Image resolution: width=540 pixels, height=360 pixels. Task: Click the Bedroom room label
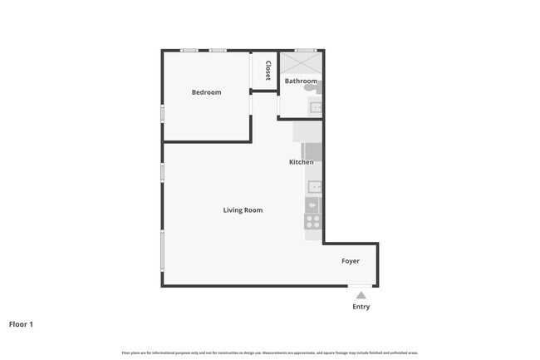click(x=206, y=92)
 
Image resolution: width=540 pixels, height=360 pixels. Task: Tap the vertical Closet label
click(x=268, y=71)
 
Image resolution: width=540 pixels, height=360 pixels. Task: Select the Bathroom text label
click(x=301, y=81)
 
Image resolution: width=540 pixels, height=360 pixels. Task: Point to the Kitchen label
click(x=301, y=162)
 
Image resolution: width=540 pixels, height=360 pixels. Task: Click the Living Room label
click(x=243, y=210)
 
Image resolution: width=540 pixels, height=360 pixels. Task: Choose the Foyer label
click(x=351, y=261)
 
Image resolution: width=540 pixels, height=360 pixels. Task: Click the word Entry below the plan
click(x=361, y=307)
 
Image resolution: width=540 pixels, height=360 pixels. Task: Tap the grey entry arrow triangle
click(x=361, y=294)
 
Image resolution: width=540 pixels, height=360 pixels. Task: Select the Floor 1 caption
click(x=21, y=324)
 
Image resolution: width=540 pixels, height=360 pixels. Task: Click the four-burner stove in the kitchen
click(x=312, y=222)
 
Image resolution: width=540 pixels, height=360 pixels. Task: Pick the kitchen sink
click(x=314, y=187)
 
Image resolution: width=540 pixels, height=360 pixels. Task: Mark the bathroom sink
click(x=316, y=106)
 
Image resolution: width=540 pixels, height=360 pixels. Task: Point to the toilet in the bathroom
click(x=311, y=86)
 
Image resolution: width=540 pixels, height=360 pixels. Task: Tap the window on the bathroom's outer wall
click(x=306, y=51)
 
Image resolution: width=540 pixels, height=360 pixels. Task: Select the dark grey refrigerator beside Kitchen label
click(x=312, y=151)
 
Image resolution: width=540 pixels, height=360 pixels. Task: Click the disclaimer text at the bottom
click(x=269, y=353)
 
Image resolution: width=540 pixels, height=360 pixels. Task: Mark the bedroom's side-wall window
click(x=162, y=112)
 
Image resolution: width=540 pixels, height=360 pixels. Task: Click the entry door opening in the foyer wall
click(x=360, y=287)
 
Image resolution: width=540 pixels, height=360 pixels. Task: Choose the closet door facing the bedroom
click(x=251, y=71)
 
